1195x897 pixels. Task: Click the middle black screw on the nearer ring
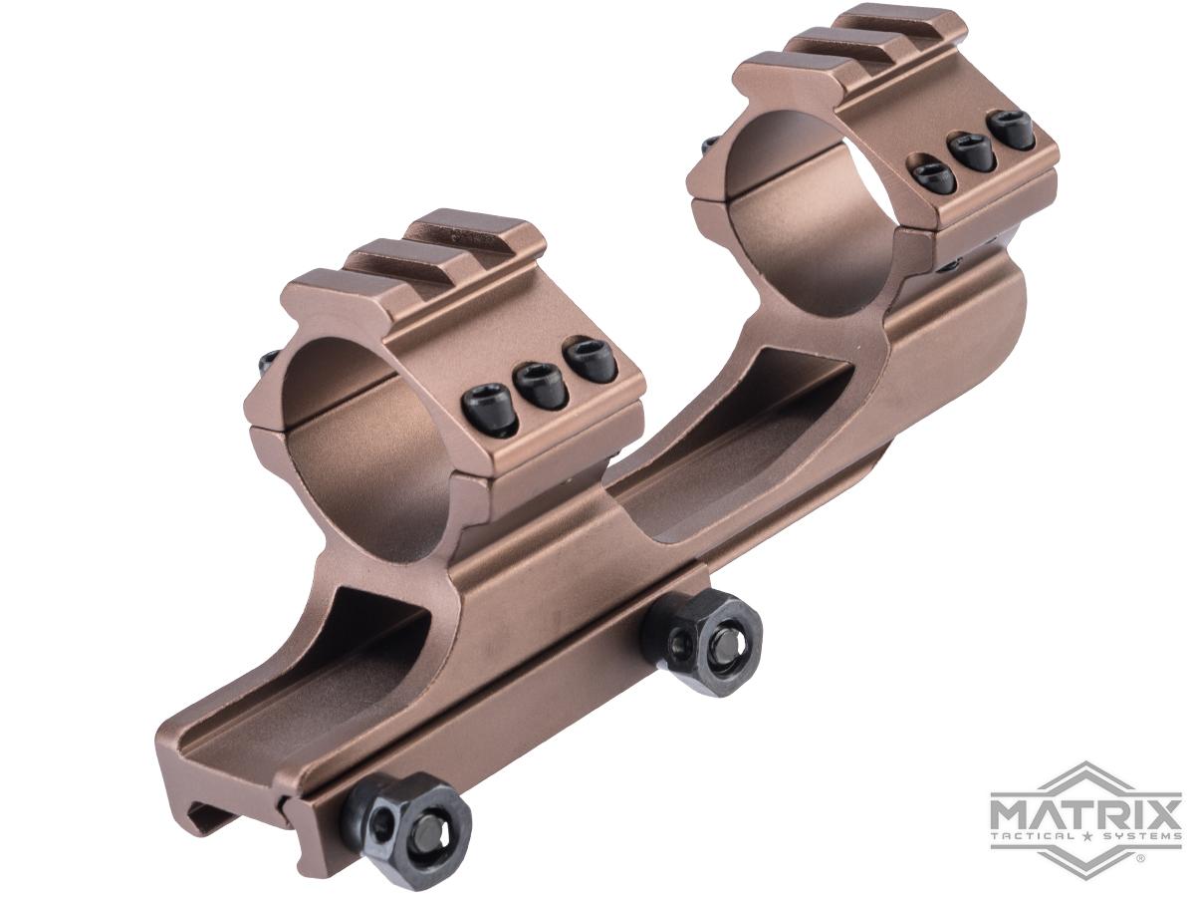coord(542,382)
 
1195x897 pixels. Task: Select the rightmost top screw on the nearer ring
coord(592,359)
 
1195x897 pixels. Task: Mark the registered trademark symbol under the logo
coord(1140,854)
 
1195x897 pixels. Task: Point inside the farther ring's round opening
coord(797,219)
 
